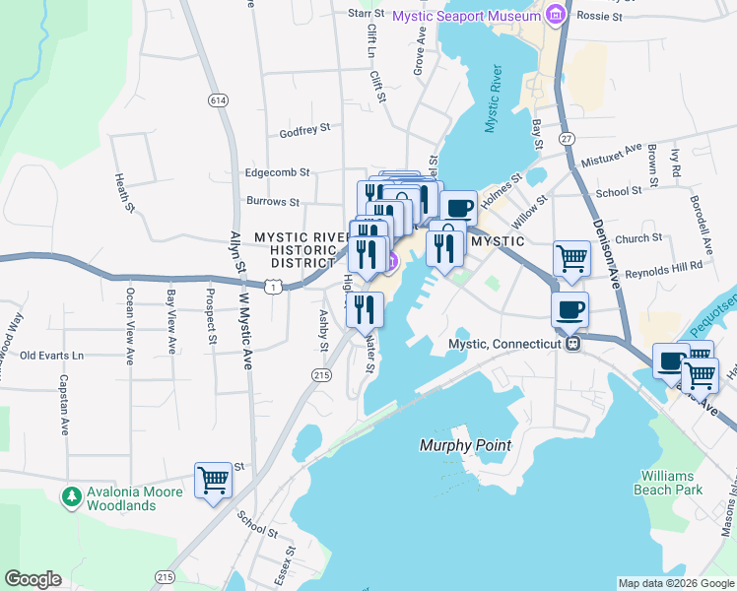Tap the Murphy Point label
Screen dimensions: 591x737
(466, 445)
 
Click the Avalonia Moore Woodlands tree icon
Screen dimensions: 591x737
(70, 496)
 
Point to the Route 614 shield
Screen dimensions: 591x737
(218, 100)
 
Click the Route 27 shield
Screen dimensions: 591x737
(567, 139)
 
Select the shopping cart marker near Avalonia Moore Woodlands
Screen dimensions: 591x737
(213, 481)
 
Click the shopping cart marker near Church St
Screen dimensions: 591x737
(571, 259)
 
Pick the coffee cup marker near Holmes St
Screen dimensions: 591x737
(458, 208)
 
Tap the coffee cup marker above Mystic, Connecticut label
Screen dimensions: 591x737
(569, 309)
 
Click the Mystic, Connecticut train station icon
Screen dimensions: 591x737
(570, 344)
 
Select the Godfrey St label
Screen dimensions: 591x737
(304, 129)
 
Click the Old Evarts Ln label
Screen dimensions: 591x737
(52, 355)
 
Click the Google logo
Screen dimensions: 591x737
(33, 579)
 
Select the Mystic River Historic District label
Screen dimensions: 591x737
(298, 250)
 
